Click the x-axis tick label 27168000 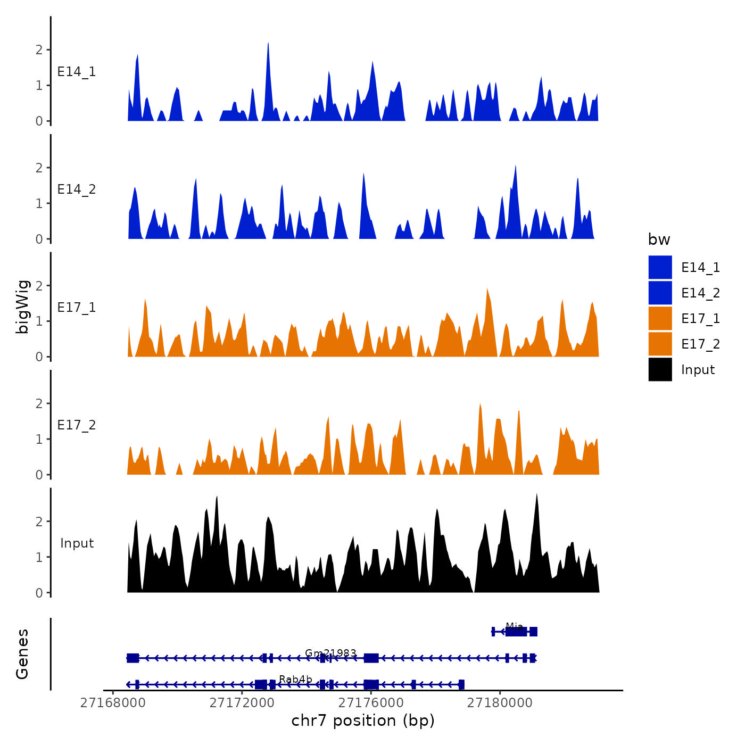coord(113,703)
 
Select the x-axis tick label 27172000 coord(242,703)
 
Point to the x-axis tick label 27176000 coord(371,703)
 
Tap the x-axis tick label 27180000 coord(500,703)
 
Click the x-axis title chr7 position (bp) coord(363,721)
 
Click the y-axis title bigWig coord(22,307)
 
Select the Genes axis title coord(22,654)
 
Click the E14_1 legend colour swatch coord(660,267)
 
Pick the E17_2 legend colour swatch coord(660,344)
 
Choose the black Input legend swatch coord(660,369)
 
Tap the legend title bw coord(659,239)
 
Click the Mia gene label coord(514,626)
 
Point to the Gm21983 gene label coord(330,653)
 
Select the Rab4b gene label coord(295,679)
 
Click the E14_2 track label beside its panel coord(77,189)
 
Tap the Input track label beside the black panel coord(77,543)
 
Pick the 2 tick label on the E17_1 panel coord(39,286)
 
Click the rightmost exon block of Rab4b coord(461,684)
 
